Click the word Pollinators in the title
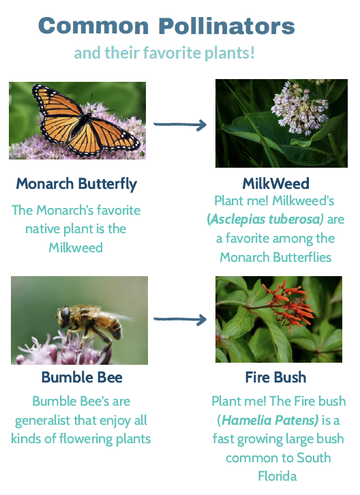226,26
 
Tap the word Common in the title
93,26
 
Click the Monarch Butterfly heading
76,184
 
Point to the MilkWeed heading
275,183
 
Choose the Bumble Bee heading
82,377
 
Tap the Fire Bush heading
275,377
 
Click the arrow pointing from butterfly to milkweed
180,125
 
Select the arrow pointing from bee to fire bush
180,320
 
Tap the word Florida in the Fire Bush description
277,476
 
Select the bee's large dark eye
65,314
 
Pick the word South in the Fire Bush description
314,457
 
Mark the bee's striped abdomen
110,325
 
